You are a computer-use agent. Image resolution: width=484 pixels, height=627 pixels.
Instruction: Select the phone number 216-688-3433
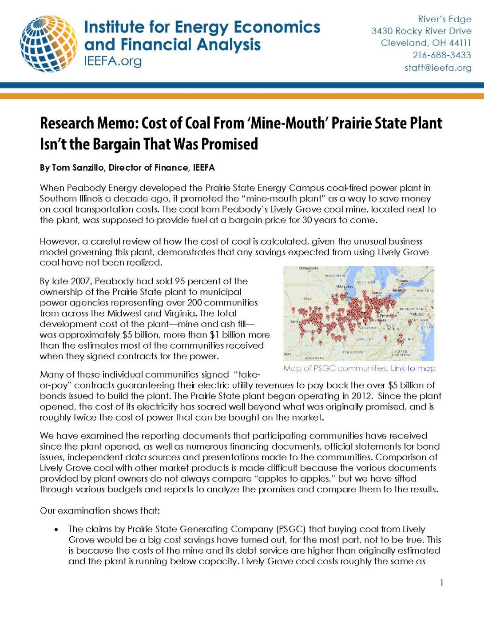441,55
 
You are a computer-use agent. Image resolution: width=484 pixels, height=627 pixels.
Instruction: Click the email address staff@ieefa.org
437,68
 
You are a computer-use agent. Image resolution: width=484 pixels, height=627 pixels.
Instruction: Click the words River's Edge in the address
444,19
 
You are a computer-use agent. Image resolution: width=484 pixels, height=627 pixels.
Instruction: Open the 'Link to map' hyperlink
413,368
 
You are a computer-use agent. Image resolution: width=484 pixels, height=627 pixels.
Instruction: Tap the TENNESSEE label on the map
353,352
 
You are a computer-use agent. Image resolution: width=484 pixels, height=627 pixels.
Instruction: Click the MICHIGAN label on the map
366,282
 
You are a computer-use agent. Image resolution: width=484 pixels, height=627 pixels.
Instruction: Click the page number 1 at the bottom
441,583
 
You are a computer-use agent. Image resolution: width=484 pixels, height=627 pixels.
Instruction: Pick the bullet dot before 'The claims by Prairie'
56,530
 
